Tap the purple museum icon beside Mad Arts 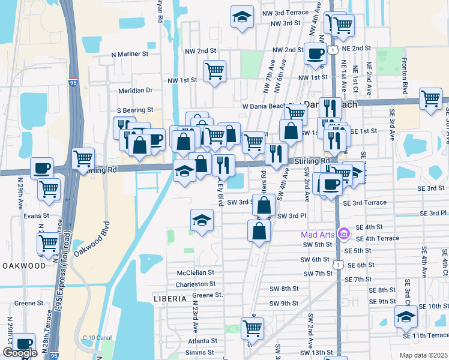(x=343, y=233)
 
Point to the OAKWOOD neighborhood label (x=23, y=265)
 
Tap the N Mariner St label (x=130, y=54)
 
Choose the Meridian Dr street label (x=135, y=91)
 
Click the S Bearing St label (x=135, y=110)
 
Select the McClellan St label (x=196, y=272)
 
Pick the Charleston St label (x=196, y=284)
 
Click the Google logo (x=20, y=353)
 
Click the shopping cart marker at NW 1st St (x=214, y=71)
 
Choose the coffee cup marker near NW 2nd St (x=315, y=54)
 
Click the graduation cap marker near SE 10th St (x=406, y=316)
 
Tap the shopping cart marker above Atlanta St (x=253, y=328)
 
